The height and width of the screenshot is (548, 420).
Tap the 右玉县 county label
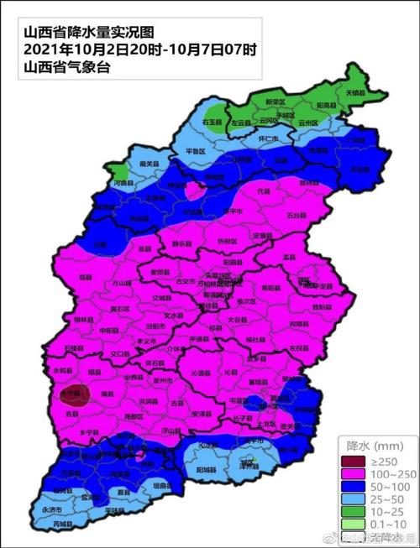(x=213, y=123)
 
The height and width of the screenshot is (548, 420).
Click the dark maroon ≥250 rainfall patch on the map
(x=78, y=394)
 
